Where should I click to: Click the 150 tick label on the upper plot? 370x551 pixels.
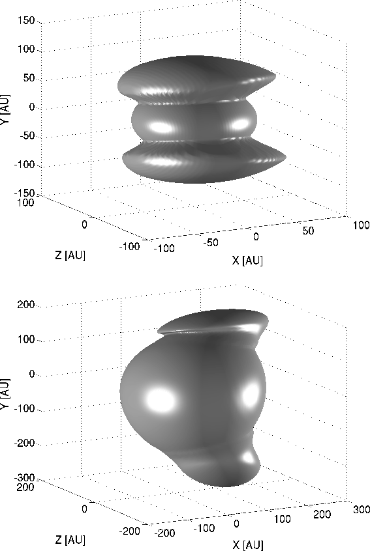[x=26, y=21]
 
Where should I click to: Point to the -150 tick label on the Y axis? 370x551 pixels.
[x=25, y=193]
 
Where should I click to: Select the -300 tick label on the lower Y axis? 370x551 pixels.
[x=25, y=478]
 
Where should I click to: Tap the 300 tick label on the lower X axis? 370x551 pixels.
[x=362, y=509]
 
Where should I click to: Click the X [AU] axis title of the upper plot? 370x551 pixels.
[x=247, y=261]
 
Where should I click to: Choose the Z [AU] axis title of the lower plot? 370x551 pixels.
[x=70, y=540]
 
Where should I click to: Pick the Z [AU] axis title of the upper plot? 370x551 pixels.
[x=70, y=255]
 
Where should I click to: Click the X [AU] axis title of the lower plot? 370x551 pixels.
[x=247, y=545]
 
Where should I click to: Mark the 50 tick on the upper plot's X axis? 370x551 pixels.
[x=308, y=231]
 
